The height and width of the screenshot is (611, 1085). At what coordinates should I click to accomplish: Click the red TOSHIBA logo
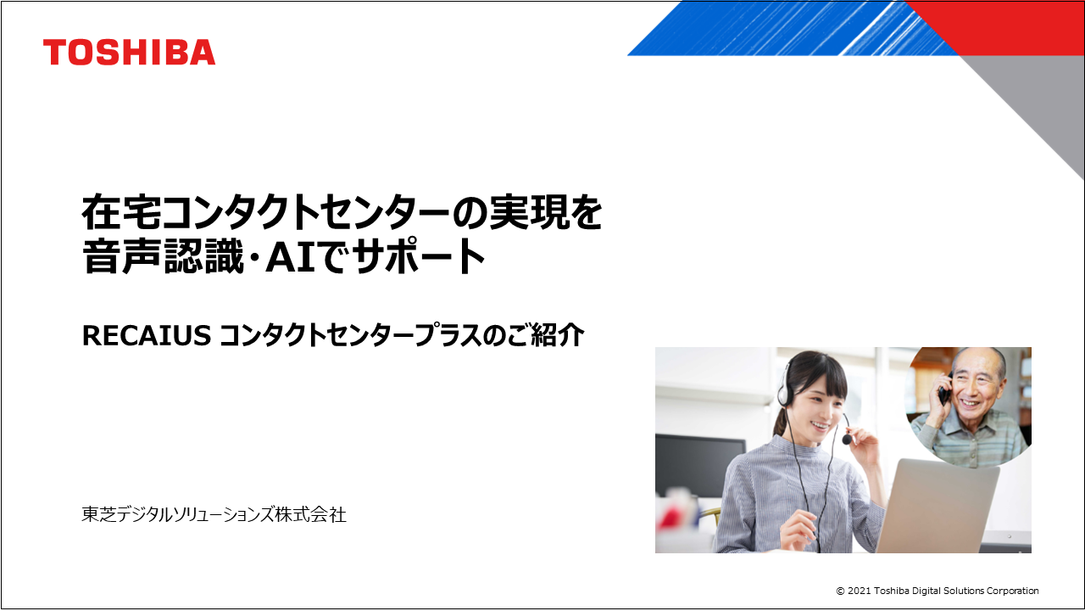(x=130, y=53)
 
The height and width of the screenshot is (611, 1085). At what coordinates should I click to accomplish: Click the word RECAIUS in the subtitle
(x=147, y=335)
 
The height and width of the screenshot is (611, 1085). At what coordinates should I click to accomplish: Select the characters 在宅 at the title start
(x=121, y=212)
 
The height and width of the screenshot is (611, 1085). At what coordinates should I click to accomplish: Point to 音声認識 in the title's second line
(x=163, y=257)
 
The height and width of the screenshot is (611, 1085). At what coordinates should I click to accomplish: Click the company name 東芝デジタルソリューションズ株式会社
(x=214, y=514)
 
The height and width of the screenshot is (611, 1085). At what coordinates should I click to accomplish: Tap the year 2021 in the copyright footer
(x=860, y=591)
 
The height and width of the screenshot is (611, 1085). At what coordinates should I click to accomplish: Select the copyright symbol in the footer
(x=840, y=591)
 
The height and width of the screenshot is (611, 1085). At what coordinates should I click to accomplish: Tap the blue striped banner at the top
(x=785, y=28)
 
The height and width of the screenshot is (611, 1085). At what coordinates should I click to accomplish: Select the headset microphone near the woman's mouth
(x=847, y=439)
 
